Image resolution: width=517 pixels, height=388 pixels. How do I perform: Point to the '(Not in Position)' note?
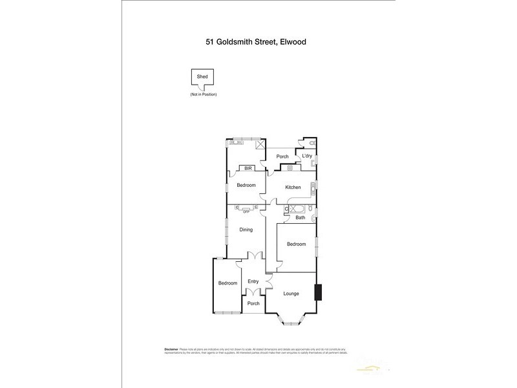203,95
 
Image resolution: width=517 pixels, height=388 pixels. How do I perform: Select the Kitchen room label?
293,188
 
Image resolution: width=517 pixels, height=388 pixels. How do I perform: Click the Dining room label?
246,230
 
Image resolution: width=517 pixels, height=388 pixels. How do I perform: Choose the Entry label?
253,281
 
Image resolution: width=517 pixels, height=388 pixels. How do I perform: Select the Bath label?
301,218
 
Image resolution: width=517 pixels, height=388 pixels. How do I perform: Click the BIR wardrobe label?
246,169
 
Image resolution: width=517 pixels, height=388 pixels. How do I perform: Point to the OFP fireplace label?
246,211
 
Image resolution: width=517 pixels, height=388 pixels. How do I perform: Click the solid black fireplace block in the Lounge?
317,293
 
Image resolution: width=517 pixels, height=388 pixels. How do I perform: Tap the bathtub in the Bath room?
299,208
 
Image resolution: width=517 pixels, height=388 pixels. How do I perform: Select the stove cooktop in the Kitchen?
290,168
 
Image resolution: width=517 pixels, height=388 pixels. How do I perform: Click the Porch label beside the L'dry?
282,156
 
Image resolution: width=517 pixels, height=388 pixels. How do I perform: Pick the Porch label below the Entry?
253,303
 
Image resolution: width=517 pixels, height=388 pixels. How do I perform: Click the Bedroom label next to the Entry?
227,283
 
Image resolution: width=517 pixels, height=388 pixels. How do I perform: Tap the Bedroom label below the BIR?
246,186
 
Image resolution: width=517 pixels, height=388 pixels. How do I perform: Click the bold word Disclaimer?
170,349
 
